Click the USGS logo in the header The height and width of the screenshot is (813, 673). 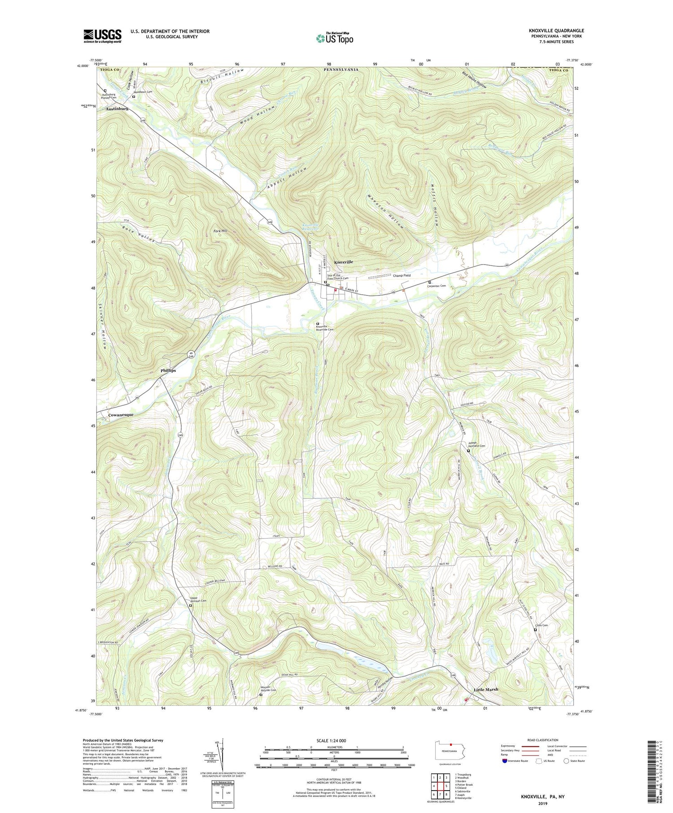point(102,36)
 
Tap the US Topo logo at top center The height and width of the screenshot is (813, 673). point(334,38)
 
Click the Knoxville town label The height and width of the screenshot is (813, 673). point(343,262)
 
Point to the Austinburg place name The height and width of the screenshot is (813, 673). point(117,109)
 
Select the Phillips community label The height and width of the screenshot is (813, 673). point(168,370)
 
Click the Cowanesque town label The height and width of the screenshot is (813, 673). point(121,415)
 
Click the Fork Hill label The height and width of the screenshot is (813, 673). point(220,231)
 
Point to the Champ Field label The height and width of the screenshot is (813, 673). point(402,275)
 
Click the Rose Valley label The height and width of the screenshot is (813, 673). point(139,233)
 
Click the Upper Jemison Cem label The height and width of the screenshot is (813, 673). point(197,599)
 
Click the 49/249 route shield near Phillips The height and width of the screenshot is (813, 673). point(191,354)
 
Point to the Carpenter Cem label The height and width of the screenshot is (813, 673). point(437,286)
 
